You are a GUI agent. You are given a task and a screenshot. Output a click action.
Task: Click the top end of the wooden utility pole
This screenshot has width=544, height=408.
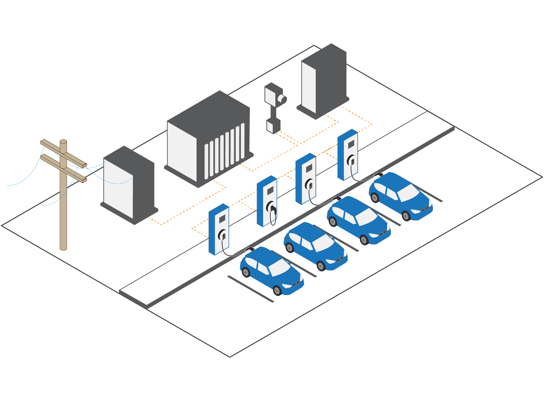pos(63,142)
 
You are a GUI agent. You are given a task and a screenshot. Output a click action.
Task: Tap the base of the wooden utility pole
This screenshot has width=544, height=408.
pos(63,248)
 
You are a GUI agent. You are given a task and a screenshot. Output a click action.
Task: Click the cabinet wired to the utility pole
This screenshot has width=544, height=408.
pos(128,186)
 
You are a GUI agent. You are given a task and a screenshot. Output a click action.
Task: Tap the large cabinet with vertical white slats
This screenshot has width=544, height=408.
pos(210,140)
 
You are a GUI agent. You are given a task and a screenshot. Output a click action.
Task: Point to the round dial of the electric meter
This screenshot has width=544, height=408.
pos(283,99)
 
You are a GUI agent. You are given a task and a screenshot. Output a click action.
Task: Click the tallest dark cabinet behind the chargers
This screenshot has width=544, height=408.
pos(324,81)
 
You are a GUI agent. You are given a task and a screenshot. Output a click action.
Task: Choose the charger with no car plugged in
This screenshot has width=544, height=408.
pos(267,201)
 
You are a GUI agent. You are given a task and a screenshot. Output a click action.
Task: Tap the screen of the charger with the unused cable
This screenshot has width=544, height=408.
pos(270,191)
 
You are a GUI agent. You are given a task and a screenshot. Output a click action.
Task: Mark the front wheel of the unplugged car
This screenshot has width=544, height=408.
pos(321,266)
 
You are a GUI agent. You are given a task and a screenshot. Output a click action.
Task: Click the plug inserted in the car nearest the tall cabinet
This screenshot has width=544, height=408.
pos(378,174)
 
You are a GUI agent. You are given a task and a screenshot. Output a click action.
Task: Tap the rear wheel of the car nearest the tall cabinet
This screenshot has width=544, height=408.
pos(375,198)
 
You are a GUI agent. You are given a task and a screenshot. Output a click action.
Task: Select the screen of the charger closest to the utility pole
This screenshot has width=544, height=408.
pos(222,219)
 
